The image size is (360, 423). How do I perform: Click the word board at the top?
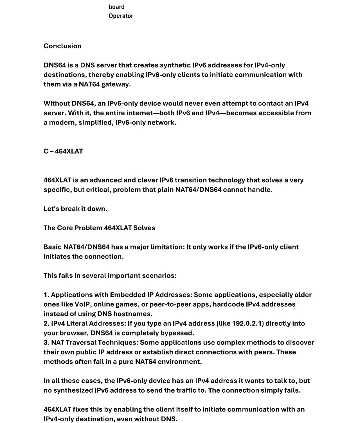tap(116, 7)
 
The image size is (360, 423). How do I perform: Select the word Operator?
tap(121, 16)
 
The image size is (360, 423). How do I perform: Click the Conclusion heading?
tap(62, 46)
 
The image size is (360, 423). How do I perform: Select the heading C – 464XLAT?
tap(63, 151)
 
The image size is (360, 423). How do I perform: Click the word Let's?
tap(51, 209)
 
